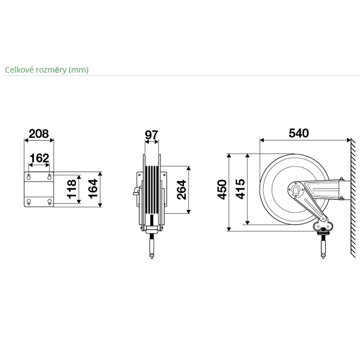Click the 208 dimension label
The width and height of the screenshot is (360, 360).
[x=39, y=134]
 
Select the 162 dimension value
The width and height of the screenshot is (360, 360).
[x=39, y=158]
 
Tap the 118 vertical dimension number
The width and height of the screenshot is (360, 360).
[x=71, y=189]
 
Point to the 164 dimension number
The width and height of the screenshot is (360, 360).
[x=93, y=189]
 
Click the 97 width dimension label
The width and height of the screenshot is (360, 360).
[x=151, y=135]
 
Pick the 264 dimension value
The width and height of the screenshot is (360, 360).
[x=181, y=190]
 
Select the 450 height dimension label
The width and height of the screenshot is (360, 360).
[x=222, y=190]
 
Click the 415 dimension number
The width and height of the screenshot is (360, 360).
[x=240, y=189]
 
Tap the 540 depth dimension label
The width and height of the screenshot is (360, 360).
[x=299, y=133]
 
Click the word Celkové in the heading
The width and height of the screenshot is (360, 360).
[x=20, y=70]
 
